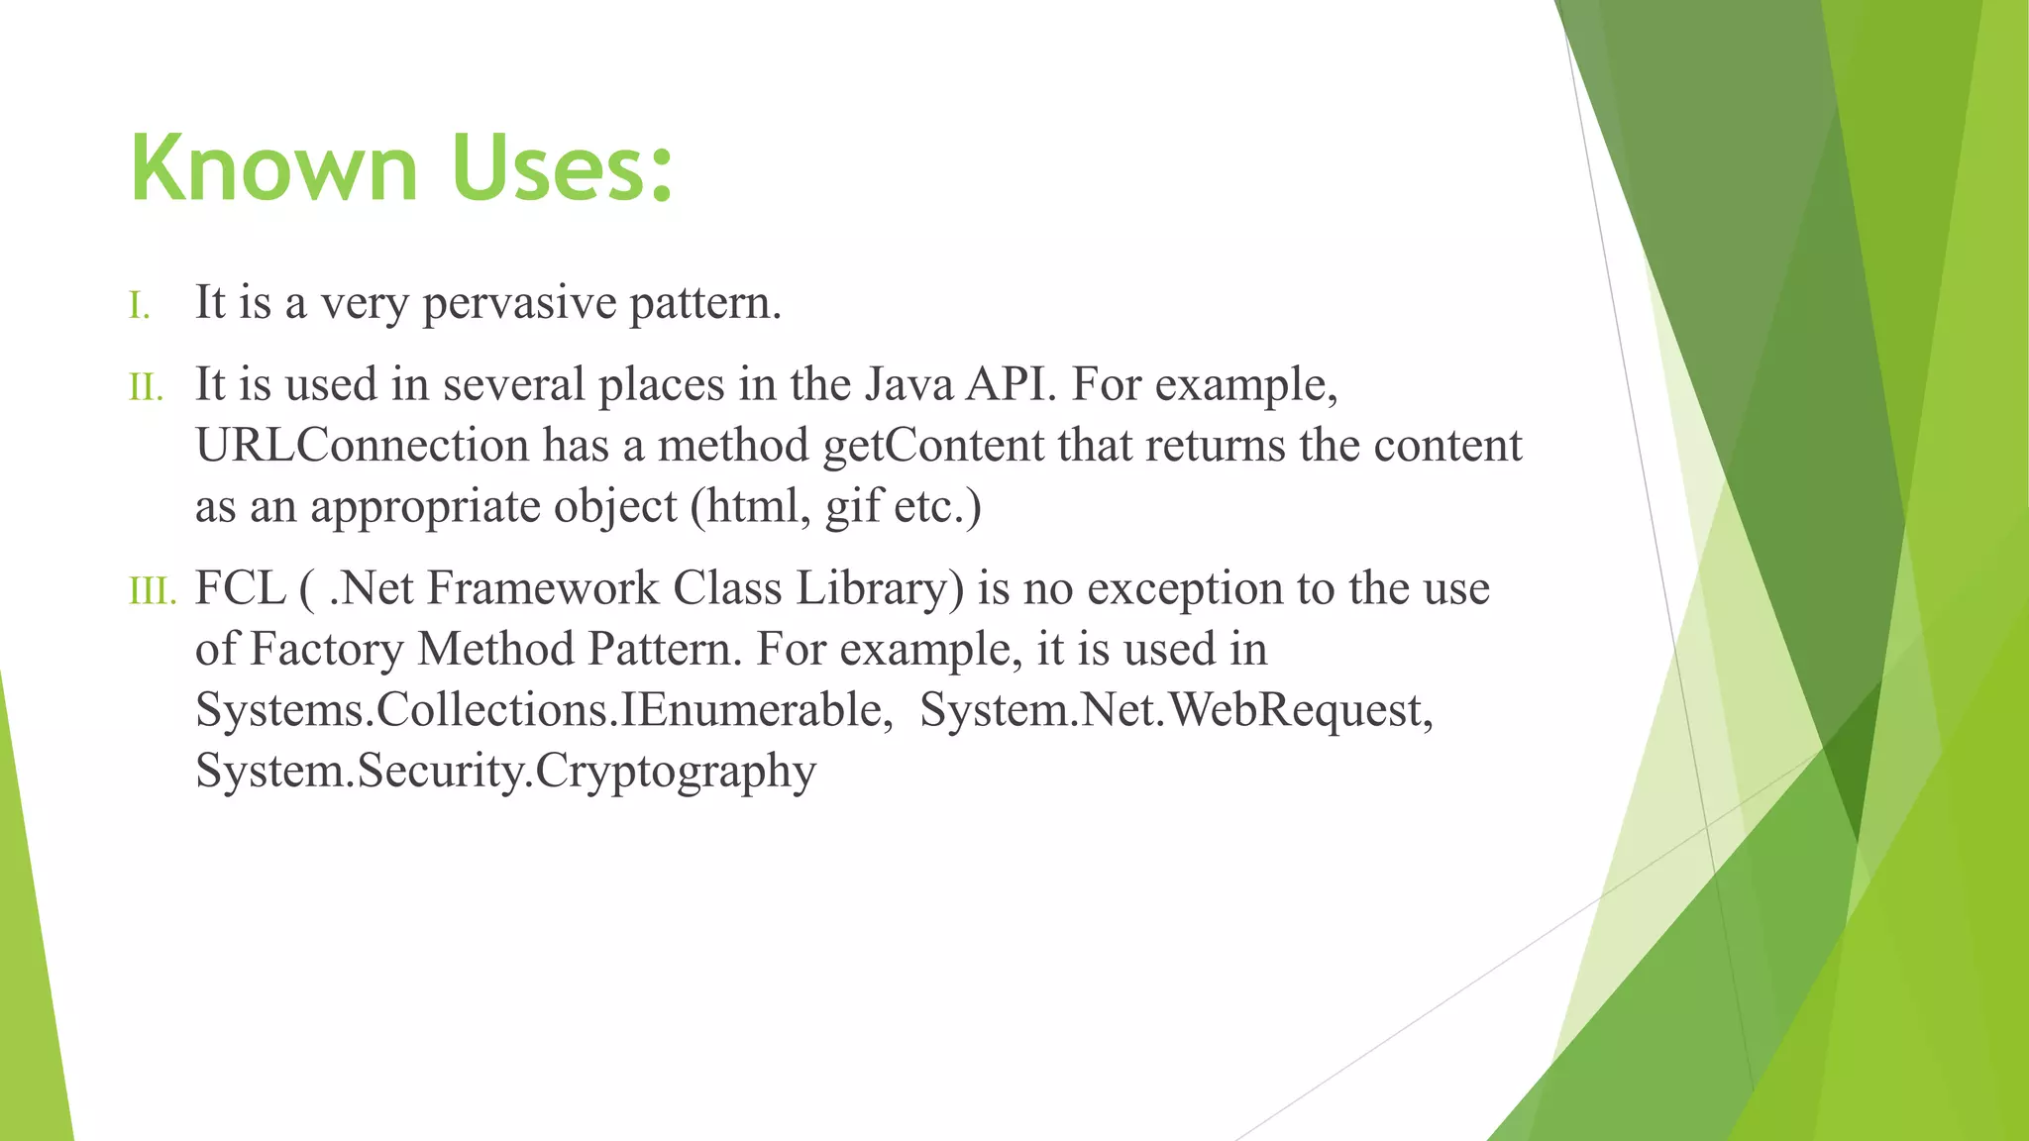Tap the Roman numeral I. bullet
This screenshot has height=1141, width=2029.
140,306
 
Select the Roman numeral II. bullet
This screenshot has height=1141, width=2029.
146,388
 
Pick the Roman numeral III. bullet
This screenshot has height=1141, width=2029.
152,592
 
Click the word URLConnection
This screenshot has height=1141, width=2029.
362,446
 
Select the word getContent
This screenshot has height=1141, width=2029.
933,446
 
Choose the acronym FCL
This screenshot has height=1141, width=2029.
241,588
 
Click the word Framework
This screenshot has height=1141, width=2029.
542,588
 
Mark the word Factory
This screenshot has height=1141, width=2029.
326,650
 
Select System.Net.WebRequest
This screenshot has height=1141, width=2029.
1175,710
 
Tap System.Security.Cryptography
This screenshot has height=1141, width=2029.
505,772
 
